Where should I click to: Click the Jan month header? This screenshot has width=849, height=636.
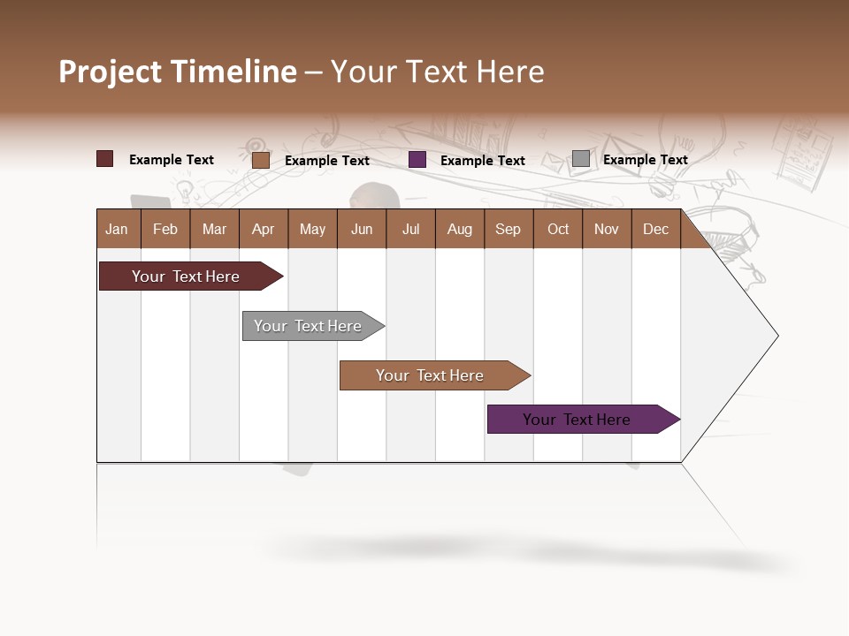117,230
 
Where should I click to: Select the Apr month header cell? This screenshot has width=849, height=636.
263,230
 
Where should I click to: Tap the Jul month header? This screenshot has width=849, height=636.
410,230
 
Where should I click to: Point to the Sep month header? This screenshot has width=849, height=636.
508,230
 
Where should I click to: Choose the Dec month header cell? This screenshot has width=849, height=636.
655,230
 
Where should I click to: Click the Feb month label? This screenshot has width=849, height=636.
165,230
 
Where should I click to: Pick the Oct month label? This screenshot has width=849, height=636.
558,230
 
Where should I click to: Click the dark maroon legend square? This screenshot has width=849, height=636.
104,159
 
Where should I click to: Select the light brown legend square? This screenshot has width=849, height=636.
260,160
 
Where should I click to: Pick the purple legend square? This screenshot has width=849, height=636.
417,160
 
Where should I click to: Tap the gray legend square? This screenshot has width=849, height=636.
580,159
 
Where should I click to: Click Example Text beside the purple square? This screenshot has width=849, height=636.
482,161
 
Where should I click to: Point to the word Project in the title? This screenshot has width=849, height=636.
110,72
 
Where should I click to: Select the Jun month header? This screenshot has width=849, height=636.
361,230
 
